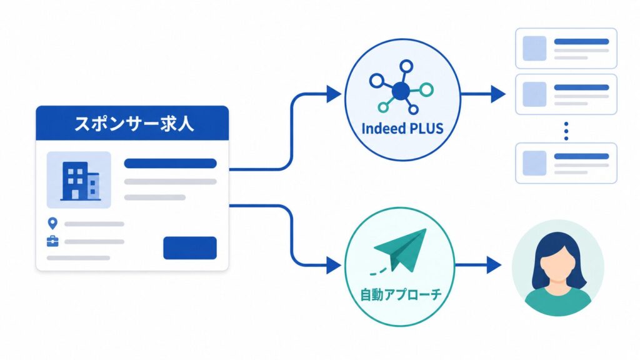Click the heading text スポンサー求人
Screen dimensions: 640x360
(134, 123)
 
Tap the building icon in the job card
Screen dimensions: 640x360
(80, 181)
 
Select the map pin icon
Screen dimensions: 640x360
(52, 223)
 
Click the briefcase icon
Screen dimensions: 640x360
(52, 242)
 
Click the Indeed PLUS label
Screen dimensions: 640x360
(402, 129)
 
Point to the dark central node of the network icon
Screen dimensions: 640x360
(401, 91)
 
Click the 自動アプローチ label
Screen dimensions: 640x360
(400, 294)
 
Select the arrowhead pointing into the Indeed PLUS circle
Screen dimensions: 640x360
(334, 94)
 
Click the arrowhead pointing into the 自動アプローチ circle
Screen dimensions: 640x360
(334, 266)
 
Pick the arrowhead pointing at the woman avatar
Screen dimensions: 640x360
(494, 265)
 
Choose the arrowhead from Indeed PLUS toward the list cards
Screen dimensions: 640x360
(498, 94)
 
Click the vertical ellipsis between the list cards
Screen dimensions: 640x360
(566, 131)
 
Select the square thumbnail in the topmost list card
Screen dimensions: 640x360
(535, 48)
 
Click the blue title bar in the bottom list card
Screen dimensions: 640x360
(582, 156)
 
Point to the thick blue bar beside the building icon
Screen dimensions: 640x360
(170, 163)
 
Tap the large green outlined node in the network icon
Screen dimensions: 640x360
(426, 89)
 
